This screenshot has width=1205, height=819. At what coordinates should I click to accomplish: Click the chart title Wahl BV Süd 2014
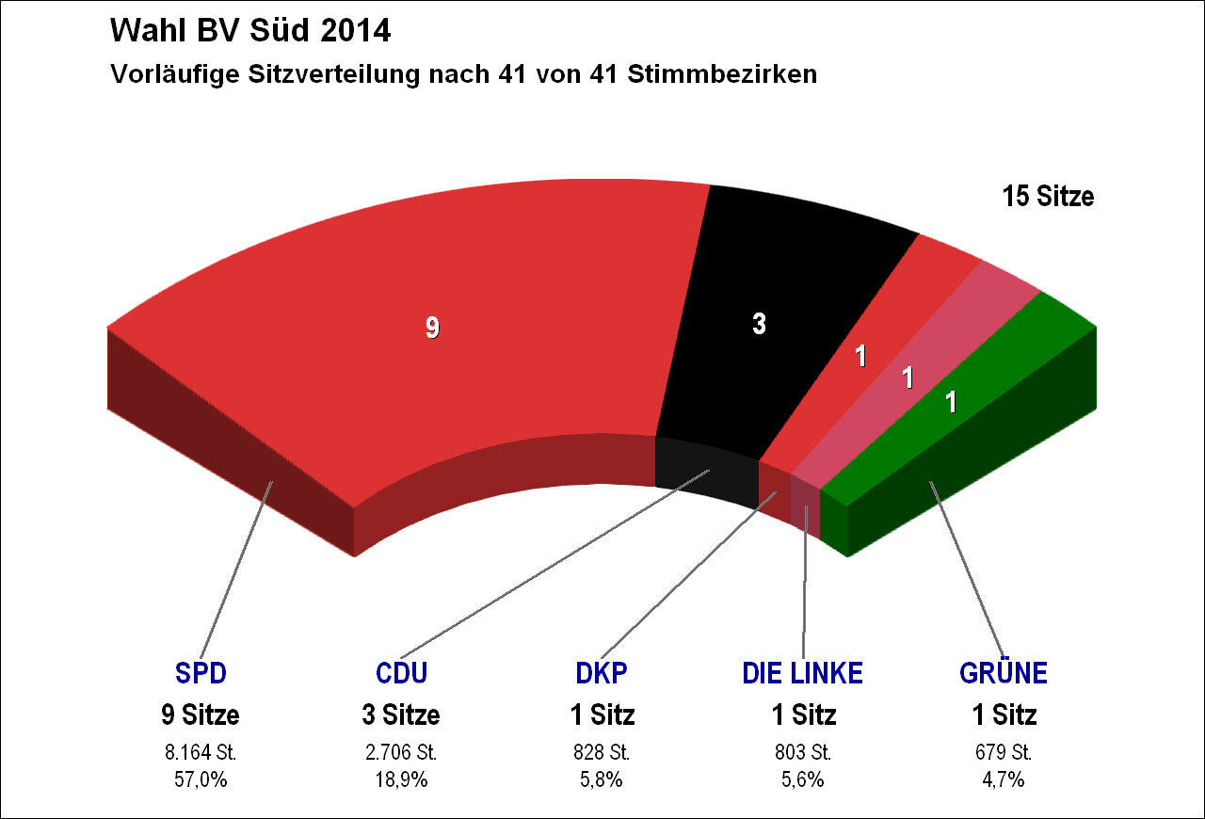click(249, 31)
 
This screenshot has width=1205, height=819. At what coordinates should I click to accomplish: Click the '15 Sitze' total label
click(1048, 197)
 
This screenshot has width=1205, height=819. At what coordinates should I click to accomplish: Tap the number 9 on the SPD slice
click(432, 328)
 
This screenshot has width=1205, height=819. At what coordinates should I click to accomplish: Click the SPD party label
click(201, 673)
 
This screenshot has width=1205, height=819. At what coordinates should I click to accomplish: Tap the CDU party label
click(401, 673)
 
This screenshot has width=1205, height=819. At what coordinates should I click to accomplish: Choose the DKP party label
click(602, 673)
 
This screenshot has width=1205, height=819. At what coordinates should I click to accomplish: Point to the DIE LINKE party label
click(802, 673)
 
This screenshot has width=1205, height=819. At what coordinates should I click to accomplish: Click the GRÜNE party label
click(1004, 673)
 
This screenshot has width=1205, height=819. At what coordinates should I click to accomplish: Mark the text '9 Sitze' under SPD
click(201, 715)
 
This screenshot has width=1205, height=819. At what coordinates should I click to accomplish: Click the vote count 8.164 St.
click(201, 753)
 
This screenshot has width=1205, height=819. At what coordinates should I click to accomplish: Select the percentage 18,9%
click(401, 779)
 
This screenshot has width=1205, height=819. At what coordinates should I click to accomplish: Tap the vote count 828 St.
click(602, 753)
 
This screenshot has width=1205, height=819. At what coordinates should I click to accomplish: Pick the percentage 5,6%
click(802, 779)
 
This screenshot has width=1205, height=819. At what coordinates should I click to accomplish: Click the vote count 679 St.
click(1004, 753)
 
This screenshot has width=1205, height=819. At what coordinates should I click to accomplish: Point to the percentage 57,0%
click(201, 779)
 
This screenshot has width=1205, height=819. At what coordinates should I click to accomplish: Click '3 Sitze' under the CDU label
click(401, 715)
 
